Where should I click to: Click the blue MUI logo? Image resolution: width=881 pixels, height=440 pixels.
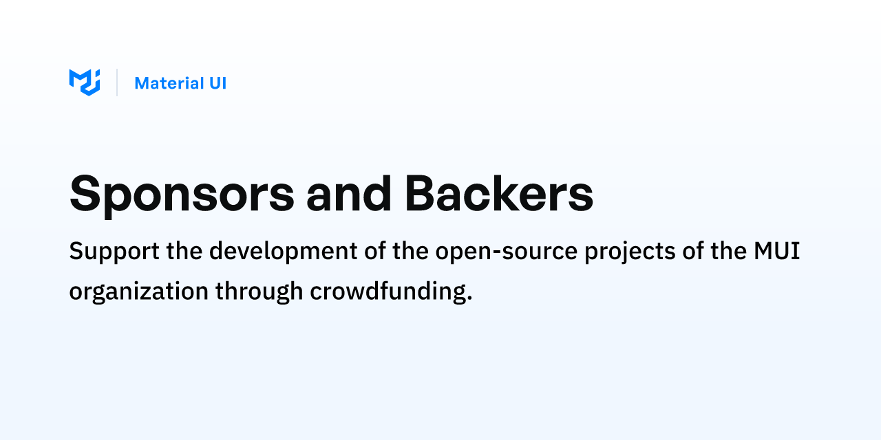click(x=85, y=82)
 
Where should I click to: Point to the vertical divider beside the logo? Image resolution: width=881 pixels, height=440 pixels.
click(x=117, y=82)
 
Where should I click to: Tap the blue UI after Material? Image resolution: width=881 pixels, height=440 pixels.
click(x=217, y=83)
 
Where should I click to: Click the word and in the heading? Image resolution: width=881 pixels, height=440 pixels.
click(x=349, y=194)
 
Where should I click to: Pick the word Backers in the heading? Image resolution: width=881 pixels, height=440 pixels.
click(x=498, y=194)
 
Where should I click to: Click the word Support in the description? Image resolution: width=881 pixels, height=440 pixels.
click(x=114, y=252)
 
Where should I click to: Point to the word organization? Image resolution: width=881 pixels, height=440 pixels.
click(x=138, y=292)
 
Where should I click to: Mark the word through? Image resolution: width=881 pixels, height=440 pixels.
click(x=259, y=292)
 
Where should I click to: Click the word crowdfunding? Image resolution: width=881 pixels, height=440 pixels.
click(x=387, y=292)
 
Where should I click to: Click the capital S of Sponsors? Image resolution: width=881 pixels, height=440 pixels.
click(x=85, y=194)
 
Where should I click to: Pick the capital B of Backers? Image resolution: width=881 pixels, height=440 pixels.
click(x=421, y=194)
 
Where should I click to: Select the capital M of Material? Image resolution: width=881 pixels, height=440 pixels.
click(x=141, y=83)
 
